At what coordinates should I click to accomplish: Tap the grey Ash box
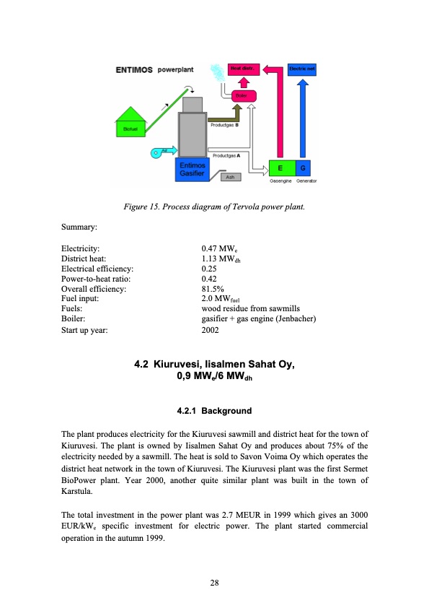pyautogui.click(x=229, y=176)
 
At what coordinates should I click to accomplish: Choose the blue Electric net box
pyautogui.click(x=301, y=69)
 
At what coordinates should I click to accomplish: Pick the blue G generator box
pyautogui.click(x=302, y=168)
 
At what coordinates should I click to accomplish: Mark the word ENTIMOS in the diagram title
pyautogui.click(x=133, y=70)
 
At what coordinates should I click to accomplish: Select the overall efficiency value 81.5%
pyautogui.click(x=213, y=288)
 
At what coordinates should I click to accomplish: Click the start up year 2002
pyautogui.click(x=212, y=329)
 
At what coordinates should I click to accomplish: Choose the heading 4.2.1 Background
pyautogui.click(x=214, y=411)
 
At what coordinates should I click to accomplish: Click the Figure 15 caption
pyautogui.click(x=214, y=209)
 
